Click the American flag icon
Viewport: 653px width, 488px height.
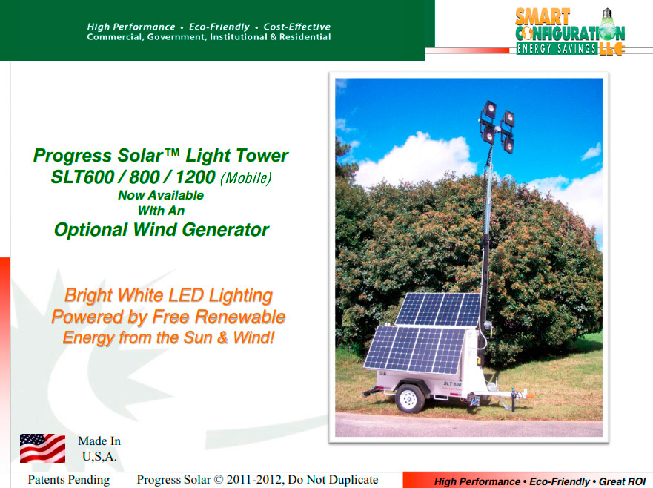tap(42, 448)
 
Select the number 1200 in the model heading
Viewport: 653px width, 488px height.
tap(196, 177)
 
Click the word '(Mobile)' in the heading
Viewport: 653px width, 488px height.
tap(245, 178)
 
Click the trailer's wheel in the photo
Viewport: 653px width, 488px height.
tap(410, 398)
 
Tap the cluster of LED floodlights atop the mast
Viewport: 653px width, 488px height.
tap(497, 125)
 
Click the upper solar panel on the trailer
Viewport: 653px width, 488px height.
tap(439, 309)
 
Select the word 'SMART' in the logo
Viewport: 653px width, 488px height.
tap(543, 18)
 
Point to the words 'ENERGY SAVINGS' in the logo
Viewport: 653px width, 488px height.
tap(557, 49)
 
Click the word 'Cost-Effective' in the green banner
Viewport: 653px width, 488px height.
tap(297, 27)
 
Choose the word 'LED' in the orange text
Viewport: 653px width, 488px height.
tap(189, 295)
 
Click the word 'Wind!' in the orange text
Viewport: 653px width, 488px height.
tap(253, 337)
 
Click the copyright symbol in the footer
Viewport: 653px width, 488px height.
tap(218, 480)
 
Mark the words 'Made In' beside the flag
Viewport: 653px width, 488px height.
tap(99, 441)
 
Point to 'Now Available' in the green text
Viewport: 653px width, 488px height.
tap(161, 195)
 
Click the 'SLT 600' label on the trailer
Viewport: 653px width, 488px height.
tap(452, 383)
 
